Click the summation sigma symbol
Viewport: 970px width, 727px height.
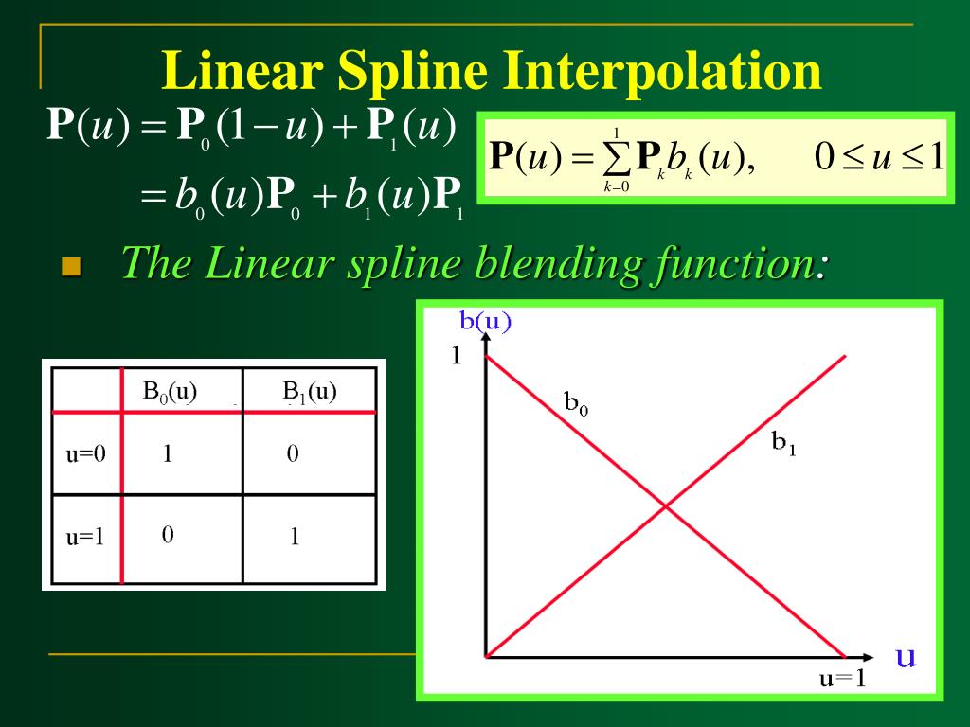click(617, 159)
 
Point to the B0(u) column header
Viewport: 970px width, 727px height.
click(171, 391)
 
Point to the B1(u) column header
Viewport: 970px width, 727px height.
click(310, 391)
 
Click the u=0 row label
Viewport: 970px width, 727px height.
click(85, 453)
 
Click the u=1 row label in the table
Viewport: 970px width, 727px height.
click(85, 537)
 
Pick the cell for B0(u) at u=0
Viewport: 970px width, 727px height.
click(168, 453)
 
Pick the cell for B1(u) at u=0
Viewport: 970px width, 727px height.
click(294, 453)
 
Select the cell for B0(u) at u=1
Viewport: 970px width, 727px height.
click(168, 536)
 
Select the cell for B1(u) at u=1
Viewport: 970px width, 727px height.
click(295, 537)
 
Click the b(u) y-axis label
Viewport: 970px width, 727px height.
click(485, 321)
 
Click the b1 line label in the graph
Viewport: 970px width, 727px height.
click(783, 442)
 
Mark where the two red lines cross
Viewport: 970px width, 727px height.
click(665, 506)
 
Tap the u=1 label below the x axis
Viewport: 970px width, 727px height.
click(842, 678)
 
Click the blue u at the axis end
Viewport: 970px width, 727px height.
click(906, 656)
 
